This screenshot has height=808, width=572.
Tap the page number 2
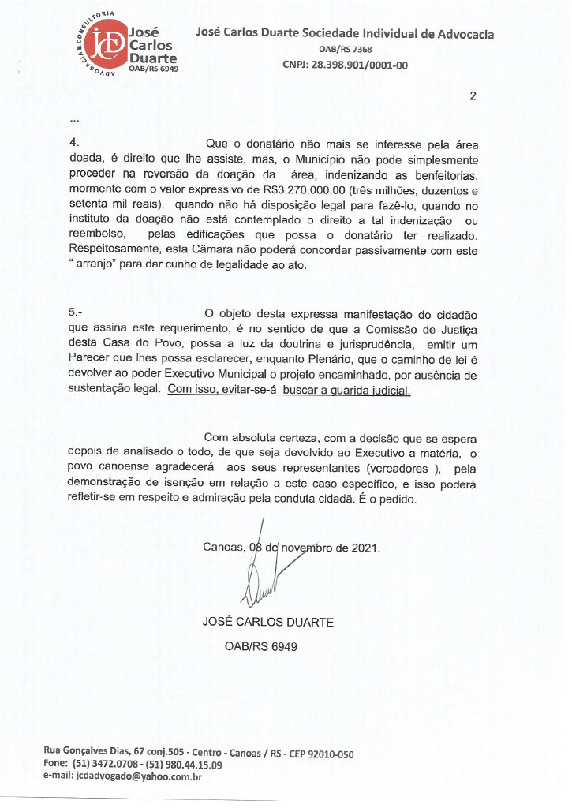coord(473,97)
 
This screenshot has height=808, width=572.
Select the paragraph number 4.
coord(74,144)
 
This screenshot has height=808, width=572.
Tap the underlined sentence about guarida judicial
coord(290,390)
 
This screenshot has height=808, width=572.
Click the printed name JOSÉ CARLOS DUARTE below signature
coord(267,622)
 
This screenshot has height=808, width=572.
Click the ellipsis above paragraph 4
coord(74,120)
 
